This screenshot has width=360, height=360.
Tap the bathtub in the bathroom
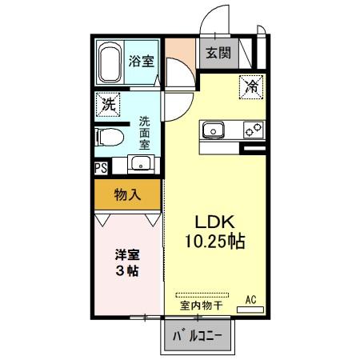(110, 63)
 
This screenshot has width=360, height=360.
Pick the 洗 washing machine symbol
(106, 104)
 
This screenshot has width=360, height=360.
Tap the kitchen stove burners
(253, 130)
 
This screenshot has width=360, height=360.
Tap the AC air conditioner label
(250, 299)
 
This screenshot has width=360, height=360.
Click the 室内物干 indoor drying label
(201, 305)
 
